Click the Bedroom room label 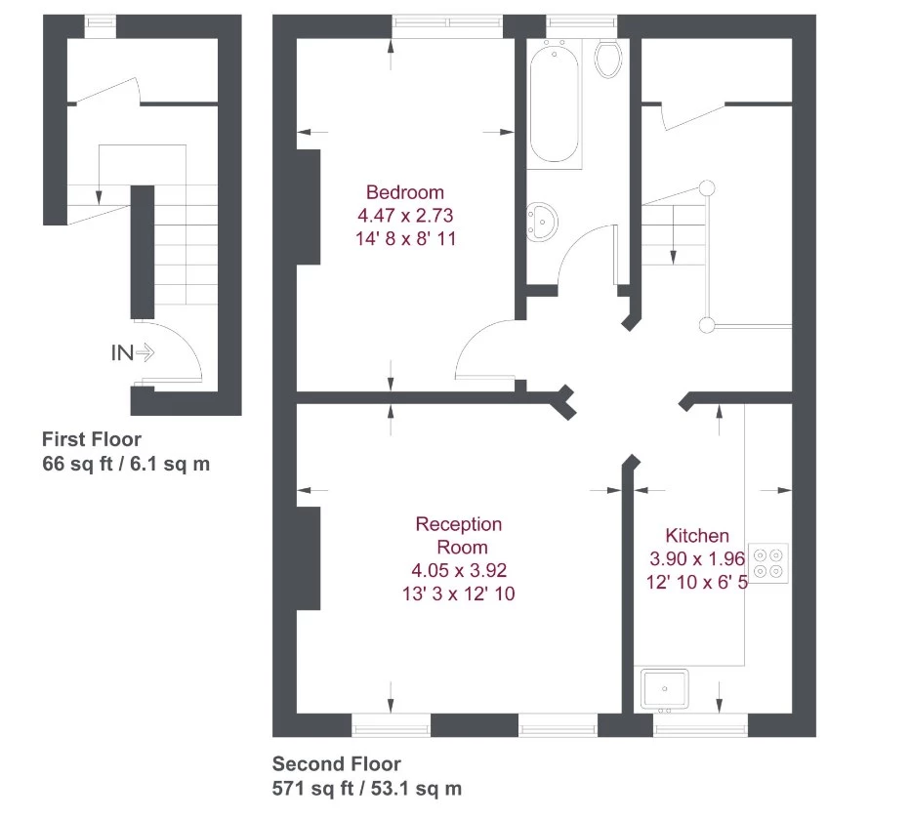click(404, 192)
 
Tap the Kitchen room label click(697, 535)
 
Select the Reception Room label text click(459, 536)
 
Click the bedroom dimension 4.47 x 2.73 click(404, 215)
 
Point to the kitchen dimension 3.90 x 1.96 click(697, 558)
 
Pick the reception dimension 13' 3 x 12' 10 click(459, 594)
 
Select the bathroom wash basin click(541, 221)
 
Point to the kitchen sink click(664, 689)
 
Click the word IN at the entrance click(121, 353)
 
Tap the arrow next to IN click(145, 353)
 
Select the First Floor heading click(91, 439)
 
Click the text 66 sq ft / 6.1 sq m click(126, 464)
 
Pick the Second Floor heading click(336, 764)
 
